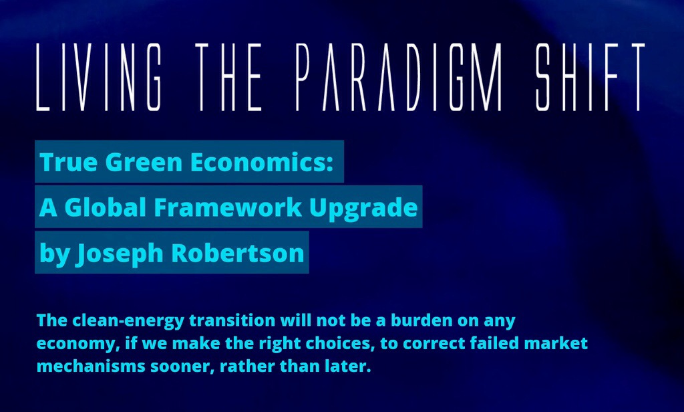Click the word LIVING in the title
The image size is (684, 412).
click(x=99, y=77)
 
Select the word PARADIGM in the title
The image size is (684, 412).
click(x=399, y=77)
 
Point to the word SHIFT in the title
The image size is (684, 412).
click(x=590, y=77)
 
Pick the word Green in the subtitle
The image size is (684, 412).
click(x=144, y=162)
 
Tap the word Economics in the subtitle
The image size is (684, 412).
click(x=257, y=162)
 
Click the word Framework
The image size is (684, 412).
click(x=228, y=207)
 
